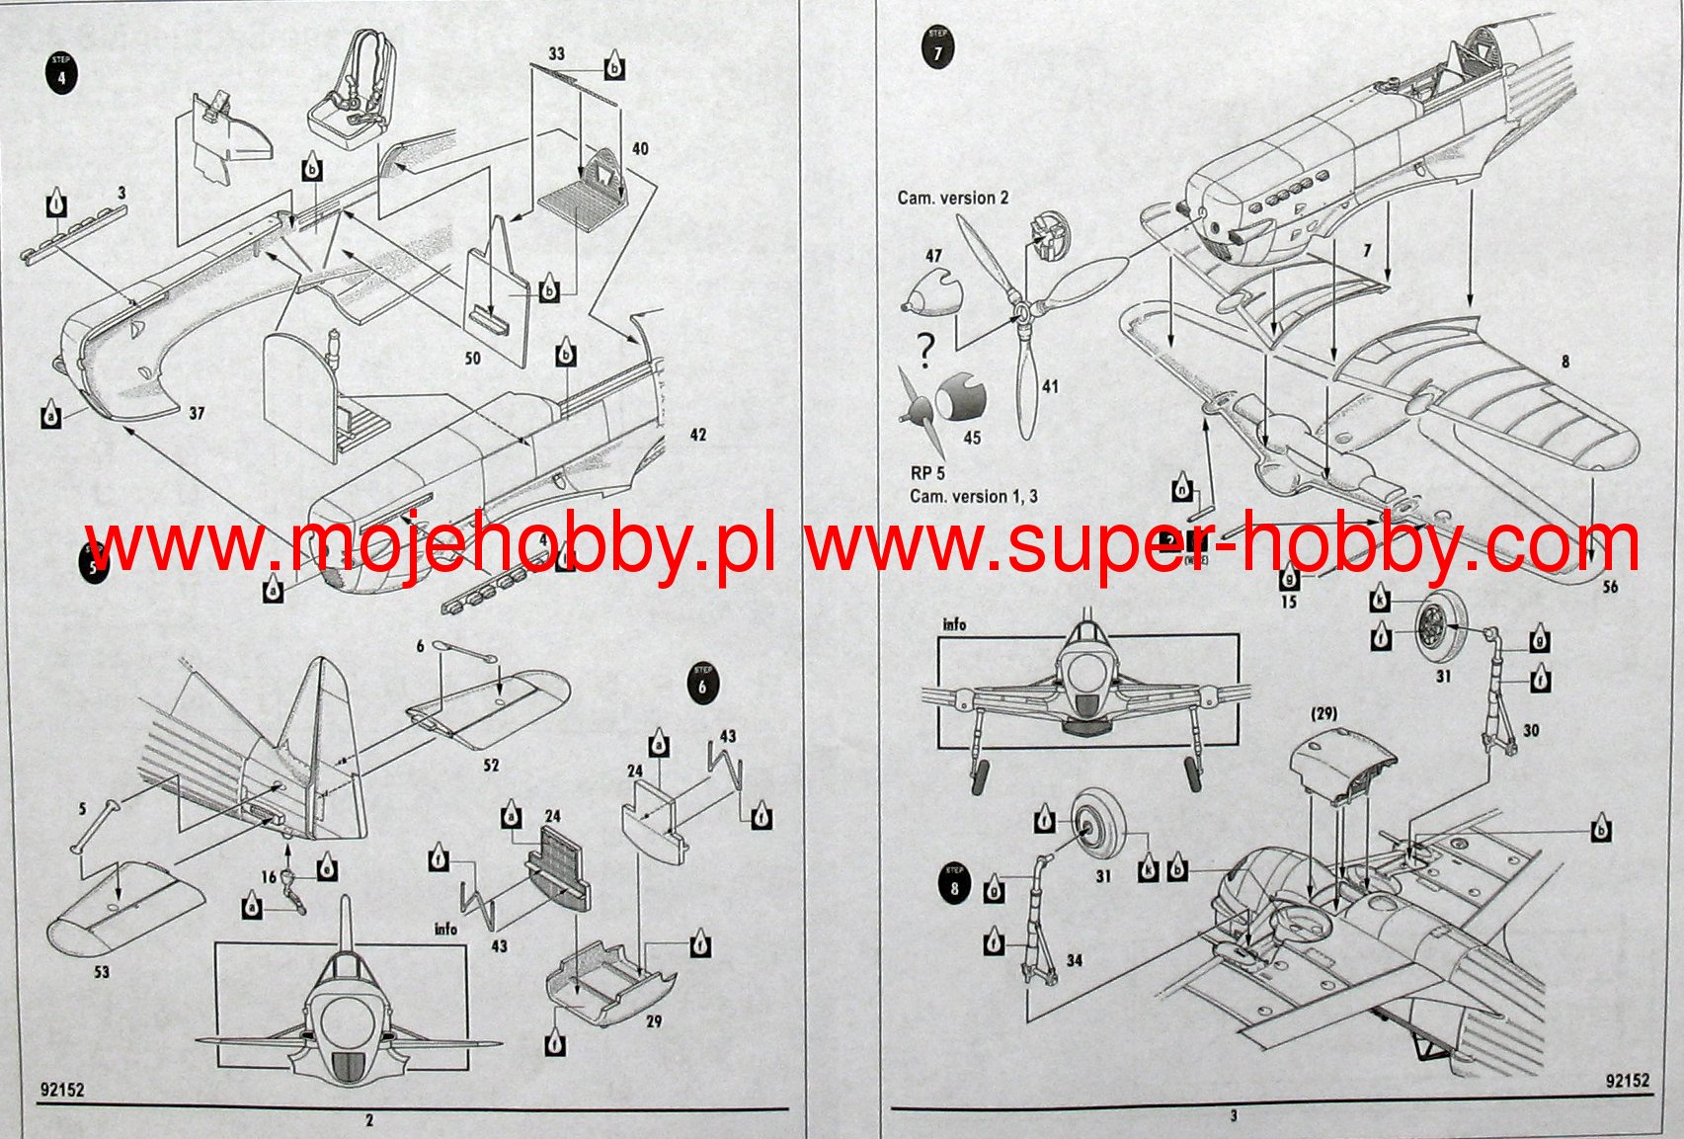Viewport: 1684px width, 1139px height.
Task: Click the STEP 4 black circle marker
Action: (61, 74)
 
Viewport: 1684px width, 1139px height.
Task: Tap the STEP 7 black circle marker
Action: (937, 48)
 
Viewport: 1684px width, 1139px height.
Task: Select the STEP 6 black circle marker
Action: (702, 684)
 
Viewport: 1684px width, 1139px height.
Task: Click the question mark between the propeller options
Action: (925, 349)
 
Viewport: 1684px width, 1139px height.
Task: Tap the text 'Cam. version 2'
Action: (953, 198)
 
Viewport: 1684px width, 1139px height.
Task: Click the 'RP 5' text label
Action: (927, 473)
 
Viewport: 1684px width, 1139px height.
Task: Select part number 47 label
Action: (933, 256)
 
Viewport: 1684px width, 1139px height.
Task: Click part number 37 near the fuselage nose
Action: (197, 413)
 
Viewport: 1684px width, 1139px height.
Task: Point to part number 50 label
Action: (472, 358)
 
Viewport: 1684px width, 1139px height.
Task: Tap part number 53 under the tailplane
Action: (102, 972)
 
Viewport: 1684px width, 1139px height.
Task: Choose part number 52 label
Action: (491, 765)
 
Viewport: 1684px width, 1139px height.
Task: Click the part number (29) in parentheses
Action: (1323, 713)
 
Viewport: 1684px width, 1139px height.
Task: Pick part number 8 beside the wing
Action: (1564, 363)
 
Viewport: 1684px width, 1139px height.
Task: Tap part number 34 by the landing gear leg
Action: (1074, 959)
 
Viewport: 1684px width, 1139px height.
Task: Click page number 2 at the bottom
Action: (369, 1120)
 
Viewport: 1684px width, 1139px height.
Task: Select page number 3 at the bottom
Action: (1234, 1117)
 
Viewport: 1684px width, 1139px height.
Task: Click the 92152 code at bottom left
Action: (63, 1091)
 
